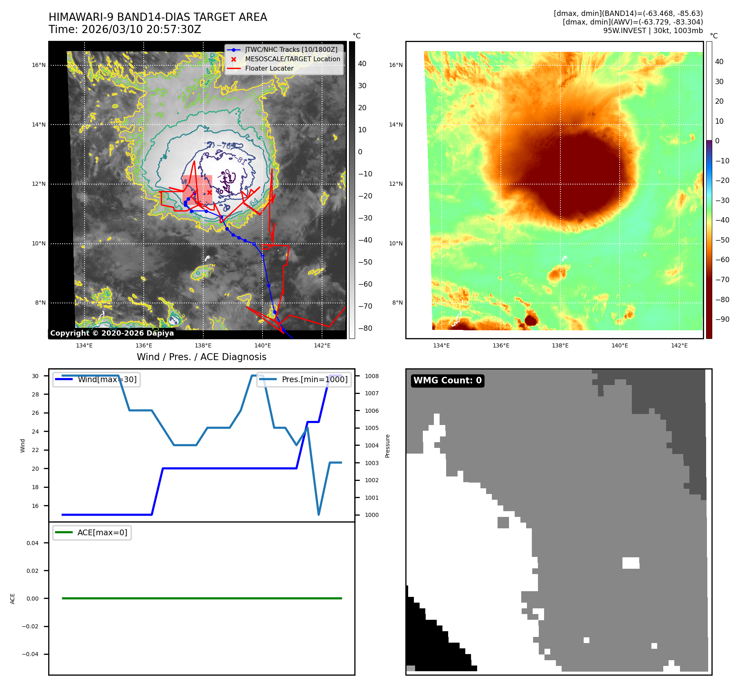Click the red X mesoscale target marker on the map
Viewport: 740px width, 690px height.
tap(209, 192)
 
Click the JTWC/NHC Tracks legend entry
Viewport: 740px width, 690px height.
tap(291, 49)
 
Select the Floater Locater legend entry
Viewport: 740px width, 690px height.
tap(269, 68)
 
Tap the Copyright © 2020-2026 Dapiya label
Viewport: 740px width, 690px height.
tap(112, 333)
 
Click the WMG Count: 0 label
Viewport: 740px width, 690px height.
tap(447, 380)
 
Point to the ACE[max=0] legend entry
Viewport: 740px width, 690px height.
tap(102, 532)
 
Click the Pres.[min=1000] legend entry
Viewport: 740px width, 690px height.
tap(314, 379)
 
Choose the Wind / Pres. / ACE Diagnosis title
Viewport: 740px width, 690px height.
tap(201, 357)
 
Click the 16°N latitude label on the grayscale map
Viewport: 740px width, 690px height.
tap(39, 65)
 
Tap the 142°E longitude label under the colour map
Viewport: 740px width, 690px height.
tap(679, 345)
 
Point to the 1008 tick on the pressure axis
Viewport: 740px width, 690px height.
tap(371, 376)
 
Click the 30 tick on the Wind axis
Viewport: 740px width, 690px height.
tap(36, 376)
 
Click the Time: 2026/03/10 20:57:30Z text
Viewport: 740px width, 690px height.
tap(125, 29)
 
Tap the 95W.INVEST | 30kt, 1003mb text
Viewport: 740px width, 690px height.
tap(653, 31)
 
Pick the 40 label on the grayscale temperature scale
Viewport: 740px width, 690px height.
tap(362, 64)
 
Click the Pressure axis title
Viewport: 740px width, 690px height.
tap(387, 446)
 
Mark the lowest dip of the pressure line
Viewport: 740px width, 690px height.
tap(318, 514)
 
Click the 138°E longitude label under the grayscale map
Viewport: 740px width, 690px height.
tap(203, 345)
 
